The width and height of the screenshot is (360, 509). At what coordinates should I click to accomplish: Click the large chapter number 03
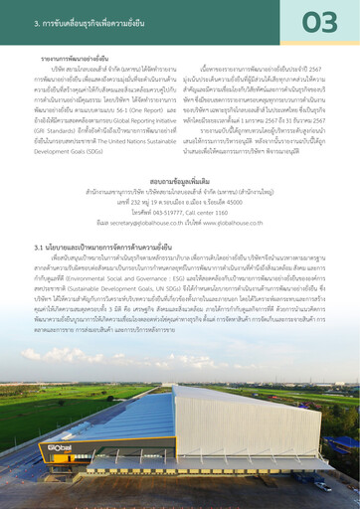[318, 23]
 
